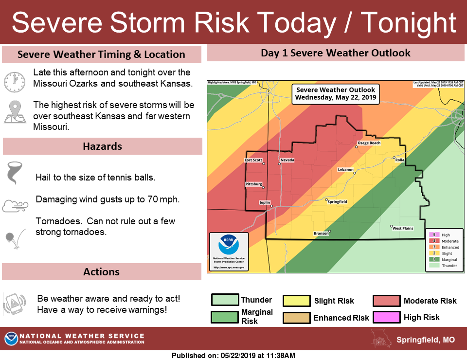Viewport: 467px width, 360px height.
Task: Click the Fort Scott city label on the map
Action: [253, 160]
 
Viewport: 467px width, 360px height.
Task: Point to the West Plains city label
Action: [403, 228]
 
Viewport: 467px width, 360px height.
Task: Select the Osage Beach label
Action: [369, 143]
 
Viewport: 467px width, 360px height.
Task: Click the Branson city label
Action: [321, 234]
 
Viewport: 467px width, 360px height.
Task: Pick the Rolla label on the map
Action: [400, 160]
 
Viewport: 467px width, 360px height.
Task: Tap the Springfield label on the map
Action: [337, 201]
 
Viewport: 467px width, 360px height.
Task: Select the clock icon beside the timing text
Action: [14, 82]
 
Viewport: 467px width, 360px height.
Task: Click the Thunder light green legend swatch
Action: [225, 300]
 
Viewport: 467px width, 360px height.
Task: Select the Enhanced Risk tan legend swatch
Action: [297, 318]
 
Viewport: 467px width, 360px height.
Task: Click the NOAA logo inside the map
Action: [228, 245]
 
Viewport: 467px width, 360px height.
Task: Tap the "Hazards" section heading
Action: [102, 146]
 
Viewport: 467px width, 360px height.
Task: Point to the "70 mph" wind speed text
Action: [166, 199]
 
